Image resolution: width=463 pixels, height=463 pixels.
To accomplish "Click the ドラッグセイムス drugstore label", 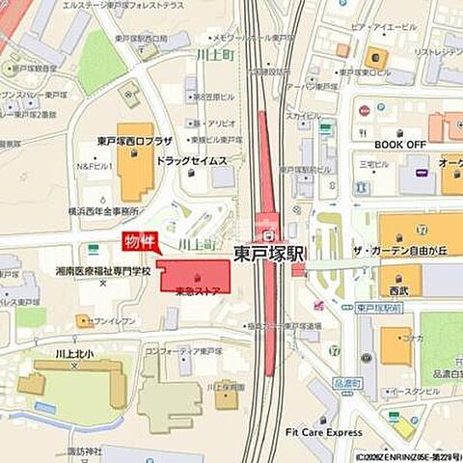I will [x=191, y=160].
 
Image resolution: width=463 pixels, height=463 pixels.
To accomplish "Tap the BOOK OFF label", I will [x=400, y=144].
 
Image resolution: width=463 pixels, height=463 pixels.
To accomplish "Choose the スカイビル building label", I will [x=303, y=115].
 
